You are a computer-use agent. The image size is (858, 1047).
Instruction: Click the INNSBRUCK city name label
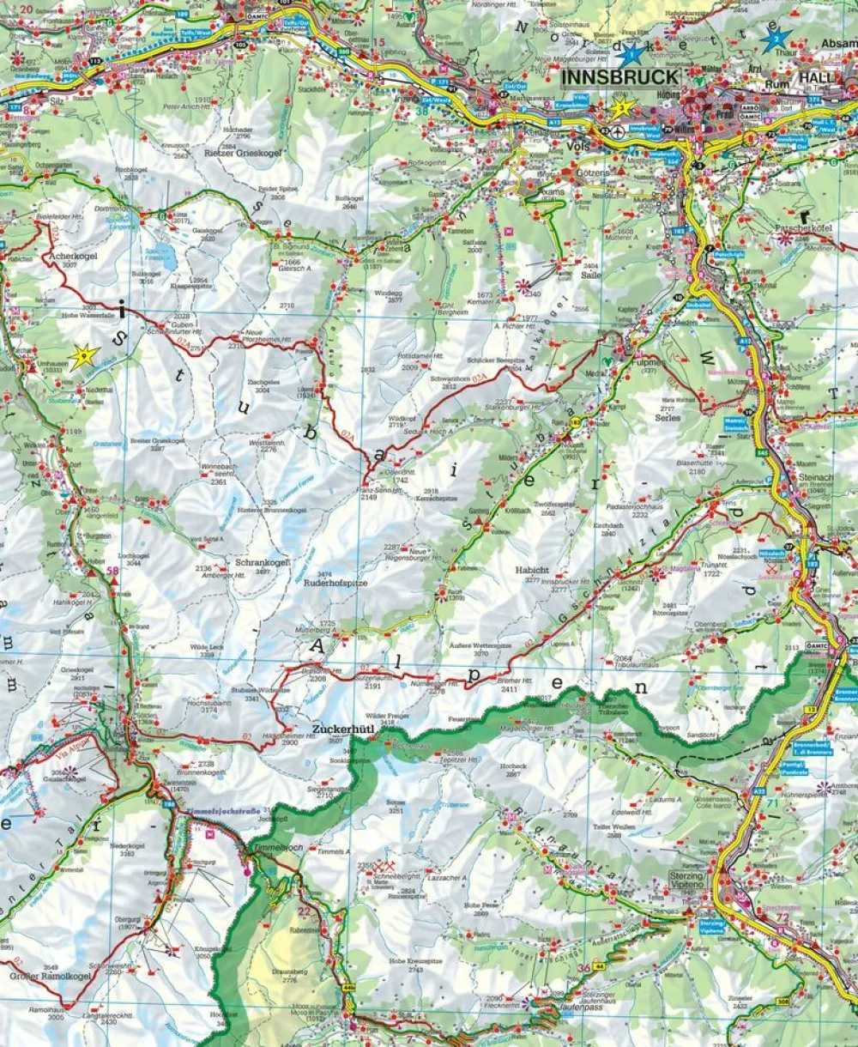point(620,77)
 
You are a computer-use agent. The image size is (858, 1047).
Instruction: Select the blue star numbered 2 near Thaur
point(776,38)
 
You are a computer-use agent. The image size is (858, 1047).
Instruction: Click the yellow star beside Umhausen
point(83,357)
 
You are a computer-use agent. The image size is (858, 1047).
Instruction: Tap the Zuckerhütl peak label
point(341,729)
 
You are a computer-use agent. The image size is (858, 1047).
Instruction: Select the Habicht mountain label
point(532,570)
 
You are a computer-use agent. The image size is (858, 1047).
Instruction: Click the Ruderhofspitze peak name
point(335,582)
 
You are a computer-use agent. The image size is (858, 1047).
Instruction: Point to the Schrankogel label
point(263,563)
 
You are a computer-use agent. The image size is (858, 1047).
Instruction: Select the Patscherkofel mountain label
point(804,227)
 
